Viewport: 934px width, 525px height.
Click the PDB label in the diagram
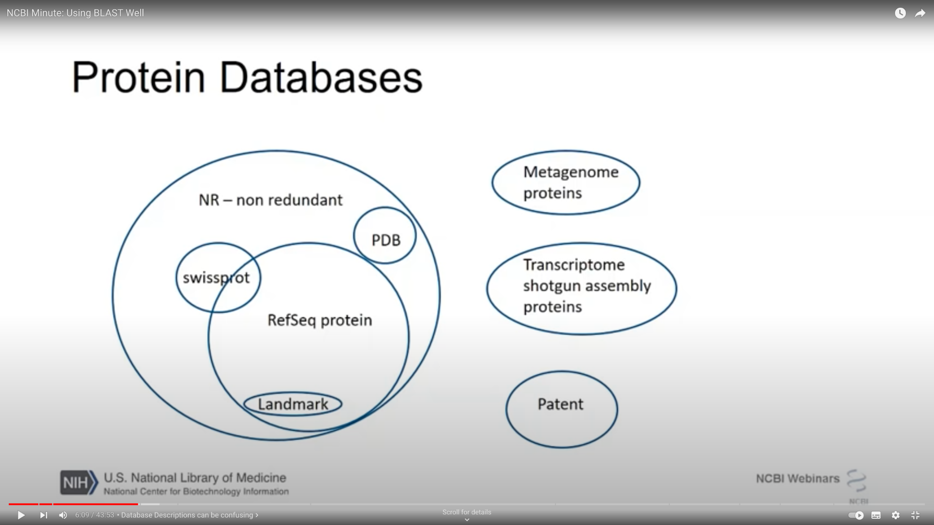click(386, 240)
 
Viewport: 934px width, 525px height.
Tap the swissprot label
click(216, 278)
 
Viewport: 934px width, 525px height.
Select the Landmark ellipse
click(293, 404)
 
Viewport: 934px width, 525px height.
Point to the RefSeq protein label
click(320, 320)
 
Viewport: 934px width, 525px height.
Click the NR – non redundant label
click(270, 200)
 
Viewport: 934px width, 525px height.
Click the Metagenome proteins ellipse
click(566, 182)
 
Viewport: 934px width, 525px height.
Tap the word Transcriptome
click(574, 265)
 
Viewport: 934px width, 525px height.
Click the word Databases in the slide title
click(321, 77)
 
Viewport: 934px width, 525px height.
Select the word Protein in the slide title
click(139, 77)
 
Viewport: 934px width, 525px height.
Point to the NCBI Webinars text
click(797, 479)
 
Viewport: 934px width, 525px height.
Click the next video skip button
click(43, 515)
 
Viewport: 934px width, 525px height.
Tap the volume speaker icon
click(63, 515)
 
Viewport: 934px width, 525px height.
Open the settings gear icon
click(896, 515)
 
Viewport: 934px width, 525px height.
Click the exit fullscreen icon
click(915, 515)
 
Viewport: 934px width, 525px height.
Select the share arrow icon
click(920, 14)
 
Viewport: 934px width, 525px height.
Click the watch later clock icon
click(900, 14)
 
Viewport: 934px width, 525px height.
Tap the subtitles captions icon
click(876, 515)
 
